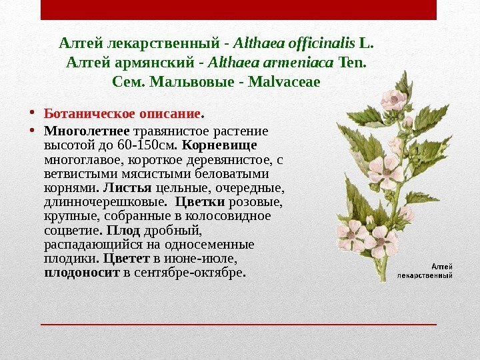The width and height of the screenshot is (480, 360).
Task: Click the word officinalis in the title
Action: coord(323,44)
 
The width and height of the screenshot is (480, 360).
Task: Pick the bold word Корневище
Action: coord(219,145)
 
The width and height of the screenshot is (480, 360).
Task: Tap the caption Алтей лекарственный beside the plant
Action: coord(425,269)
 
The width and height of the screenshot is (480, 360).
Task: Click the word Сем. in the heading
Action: coord(131,83)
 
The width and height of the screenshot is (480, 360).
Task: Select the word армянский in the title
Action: coord(149,63)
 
